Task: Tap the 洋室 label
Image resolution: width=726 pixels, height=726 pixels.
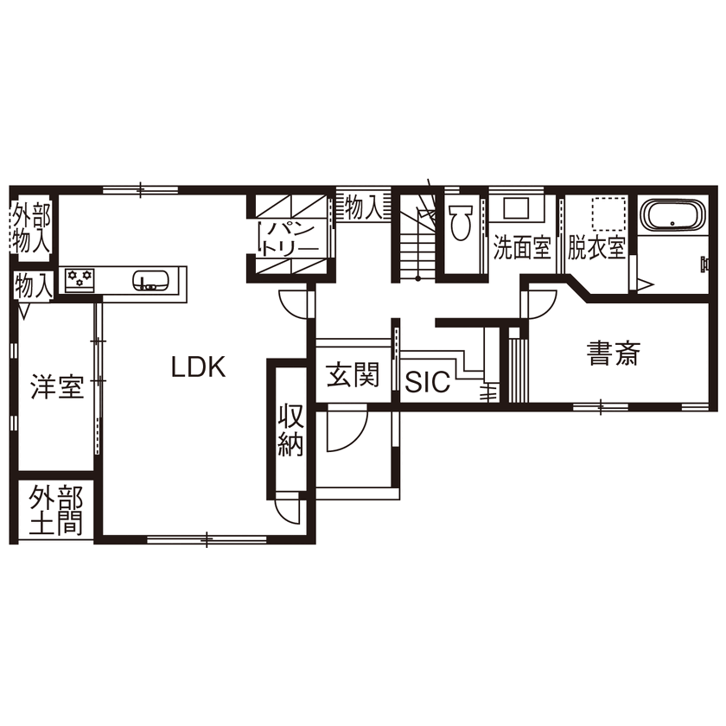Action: pyautogui.click(x=58, y=386)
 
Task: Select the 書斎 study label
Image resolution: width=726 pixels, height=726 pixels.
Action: pyautogui.click(x=613, y=353)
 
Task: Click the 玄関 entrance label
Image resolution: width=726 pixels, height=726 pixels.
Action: pyautogui.click(x=352, y=376)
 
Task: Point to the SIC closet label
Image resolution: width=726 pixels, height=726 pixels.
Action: pyautogui.click(x=428, y=383)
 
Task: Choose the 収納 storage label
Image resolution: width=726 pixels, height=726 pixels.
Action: pyautogui.click(x=290, y=430)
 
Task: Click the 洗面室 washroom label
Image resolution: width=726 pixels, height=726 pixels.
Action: pyautogui.click(x=521, y=249)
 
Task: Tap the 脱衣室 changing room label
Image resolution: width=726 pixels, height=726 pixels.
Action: pyautogui.click(x=596, y=249)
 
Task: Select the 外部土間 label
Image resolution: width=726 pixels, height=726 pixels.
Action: pyautogui.click(x=56, y=512)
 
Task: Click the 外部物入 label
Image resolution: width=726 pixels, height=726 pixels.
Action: pyautogui.click(x=31, y=228)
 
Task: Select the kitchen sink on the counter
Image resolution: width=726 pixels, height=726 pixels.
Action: pyautogui.click(x=150, y=280)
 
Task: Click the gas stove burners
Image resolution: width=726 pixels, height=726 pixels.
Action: pyautogui.click(x=80, y=279)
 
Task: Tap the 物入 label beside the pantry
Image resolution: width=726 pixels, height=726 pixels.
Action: pyautogui.click(x=362, y=207)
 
